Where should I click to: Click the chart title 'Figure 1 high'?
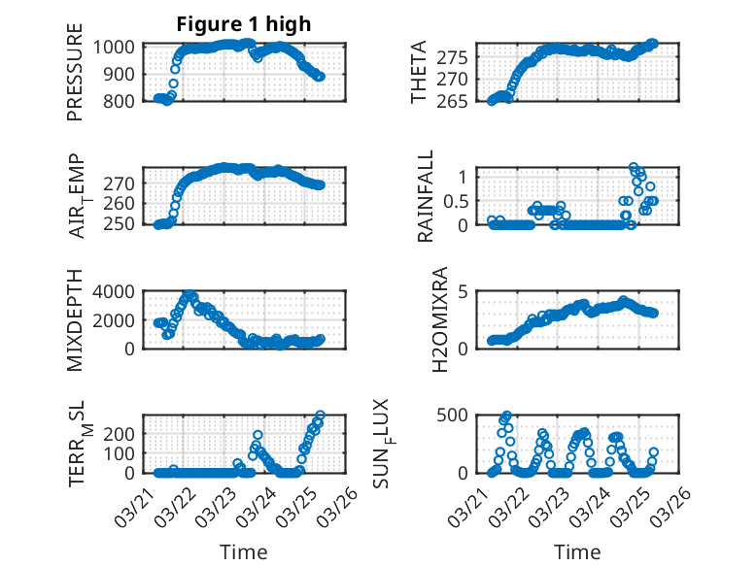(244, 24)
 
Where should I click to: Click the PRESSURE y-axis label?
(75, 80)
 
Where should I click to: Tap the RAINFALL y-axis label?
(426, 197)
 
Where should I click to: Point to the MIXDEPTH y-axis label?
(75, 321)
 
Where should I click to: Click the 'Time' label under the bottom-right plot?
(577, 552)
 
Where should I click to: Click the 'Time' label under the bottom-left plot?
(244, 552)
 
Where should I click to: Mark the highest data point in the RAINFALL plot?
(634, 168)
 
